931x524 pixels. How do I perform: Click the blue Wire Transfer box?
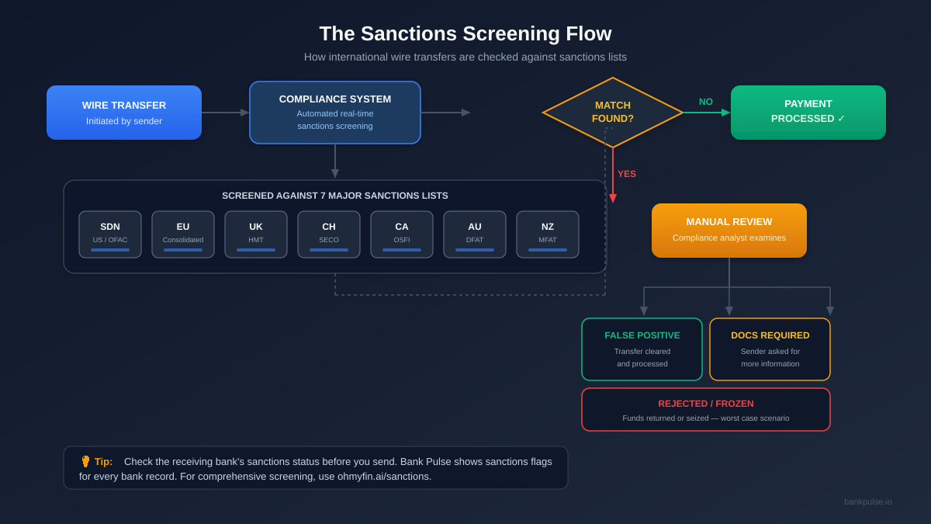124,113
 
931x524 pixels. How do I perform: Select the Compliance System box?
335,113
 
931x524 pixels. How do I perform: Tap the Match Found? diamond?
613,113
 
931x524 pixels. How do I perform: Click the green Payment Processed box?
808,113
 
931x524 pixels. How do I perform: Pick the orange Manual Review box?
729,231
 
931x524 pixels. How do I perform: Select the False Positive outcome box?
642,349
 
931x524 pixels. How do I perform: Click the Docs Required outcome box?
770,349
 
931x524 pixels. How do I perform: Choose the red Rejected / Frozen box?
706,410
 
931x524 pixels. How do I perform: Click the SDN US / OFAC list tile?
110,234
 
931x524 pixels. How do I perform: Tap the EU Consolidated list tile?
183,234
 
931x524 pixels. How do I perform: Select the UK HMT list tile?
256,234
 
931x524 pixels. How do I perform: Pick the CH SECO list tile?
329,234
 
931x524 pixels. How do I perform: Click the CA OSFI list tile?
402,234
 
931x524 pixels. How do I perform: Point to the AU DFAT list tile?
475,234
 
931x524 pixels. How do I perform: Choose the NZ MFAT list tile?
548,234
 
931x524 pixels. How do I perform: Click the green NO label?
706,102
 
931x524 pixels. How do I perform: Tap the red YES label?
627,174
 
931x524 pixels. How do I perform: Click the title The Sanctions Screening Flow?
465,33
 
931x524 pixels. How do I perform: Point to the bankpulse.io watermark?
868,501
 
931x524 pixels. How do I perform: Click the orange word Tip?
103,462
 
